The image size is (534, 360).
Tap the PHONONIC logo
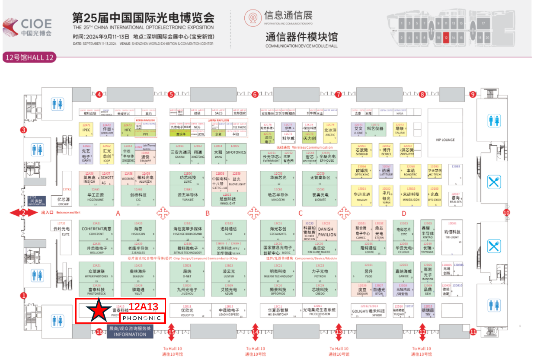[x=142, y=319]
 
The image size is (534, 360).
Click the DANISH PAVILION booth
[x=327, y=232]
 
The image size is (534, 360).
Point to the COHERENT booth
[x=96, y=230]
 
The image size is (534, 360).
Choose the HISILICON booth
[x=138, y=230]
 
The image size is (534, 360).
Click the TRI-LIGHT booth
[x=452, y=234]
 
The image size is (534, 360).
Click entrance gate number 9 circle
[x=473, y=94]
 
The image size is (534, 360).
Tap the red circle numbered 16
[x=99, y=332]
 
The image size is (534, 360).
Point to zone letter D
[x=404, y=213]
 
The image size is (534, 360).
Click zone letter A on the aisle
[x=118, y=213]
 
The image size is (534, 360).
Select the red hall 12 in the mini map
[x=446, y=38]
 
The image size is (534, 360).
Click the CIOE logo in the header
[x=28, y=27]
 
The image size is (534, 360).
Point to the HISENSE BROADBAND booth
[x=188, y=230]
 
